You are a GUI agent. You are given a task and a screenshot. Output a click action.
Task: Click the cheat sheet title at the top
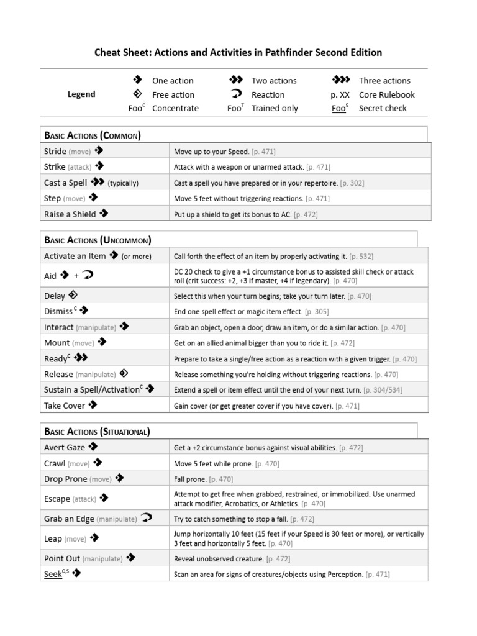238,52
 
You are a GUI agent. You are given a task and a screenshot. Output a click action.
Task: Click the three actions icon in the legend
341,80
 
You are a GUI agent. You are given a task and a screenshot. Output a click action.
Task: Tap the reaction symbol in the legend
236,94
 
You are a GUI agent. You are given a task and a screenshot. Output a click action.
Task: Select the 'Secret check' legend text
383,108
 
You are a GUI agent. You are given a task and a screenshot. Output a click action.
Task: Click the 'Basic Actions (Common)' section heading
92,135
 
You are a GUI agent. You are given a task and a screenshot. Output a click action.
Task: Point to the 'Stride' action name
55,151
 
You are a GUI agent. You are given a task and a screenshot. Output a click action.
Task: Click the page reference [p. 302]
352,183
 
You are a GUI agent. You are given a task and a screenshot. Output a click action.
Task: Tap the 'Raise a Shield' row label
70,214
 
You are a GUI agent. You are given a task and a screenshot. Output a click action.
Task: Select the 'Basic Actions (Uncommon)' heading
98,240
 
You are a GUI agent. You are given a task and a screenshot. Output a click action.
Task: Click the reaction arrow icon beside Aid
86,275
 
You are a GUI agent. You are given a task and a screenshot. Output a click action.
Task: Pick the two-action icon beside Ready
81,358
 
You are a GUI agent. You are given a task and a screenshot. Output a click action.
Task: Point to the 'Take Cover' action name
65,406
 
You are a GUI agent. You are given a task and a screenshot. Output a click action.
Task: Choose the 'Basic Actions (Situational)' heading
97,431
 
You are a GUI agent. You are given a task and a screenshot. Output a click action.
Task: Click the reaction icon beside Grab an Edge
146,518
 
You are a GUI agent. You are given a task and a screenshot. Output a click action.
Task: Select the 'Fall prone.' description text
191,479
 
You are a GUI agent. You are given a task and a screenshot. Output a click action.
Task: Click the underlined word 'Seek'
53,574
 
